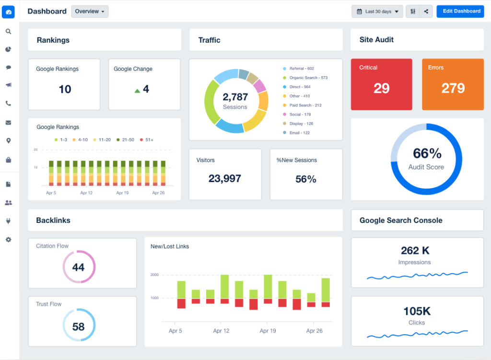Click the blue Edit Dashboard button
(460, 11)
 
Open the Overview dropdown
(90, 12)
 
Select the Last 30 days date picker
(377, 12)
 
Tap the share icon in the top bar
(426, 12)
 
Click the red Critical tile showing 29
(381, 84)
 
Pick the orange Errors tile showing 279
(453, 84)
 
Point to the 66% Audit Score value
(427, 153)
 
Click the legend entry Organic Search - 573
(308, 78)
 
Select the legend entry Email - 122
(299, 133)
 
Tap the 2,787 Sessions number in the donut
(235, 97)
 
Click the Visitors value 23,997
(224, 179)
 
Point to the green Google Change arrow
(137, 90)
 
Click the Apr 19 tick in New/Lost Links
(267, 331)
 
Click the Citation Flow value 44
(78, 267)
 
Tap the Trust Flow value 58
(78, 327)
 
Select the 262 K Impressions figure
(415, 251)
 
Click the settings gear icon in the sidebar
(8, 239)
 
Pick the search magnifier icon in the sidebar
(8, 32)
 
